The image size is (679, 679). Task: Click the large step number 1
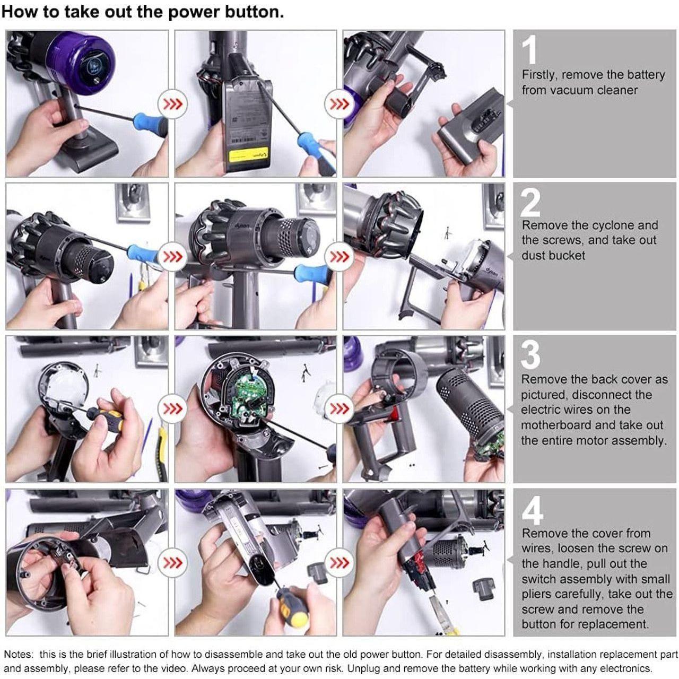click(x=529, y=49)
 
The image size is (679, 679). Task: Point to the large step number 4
click(x=532, y=509)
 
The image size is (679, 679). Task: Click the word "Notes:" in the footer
click(x=19, y=655)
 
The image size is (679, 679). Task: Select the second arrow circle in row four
click(x=339, y=562)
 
